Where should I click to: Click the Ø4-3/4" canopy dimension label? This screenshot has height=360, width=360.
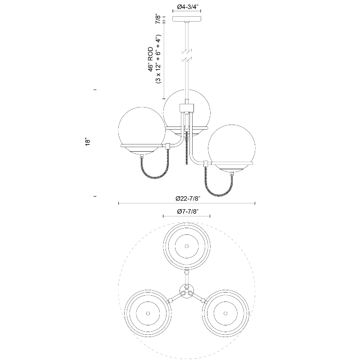click(x=187, y=7)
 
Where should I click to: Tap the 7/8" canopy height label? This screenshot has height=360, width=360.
click(x=158, y=19)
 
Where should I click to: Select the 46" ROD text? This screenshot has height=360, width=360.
click(x=150, y=59)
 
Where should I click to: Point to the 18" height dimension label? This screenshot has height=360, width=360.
click(x=88, y=142)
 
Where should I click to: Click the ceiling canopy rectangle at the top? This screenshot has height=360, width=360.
click(x=187, y=19)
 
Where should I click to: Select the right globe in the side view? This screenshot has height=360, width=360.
click(x=231, y=148)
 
